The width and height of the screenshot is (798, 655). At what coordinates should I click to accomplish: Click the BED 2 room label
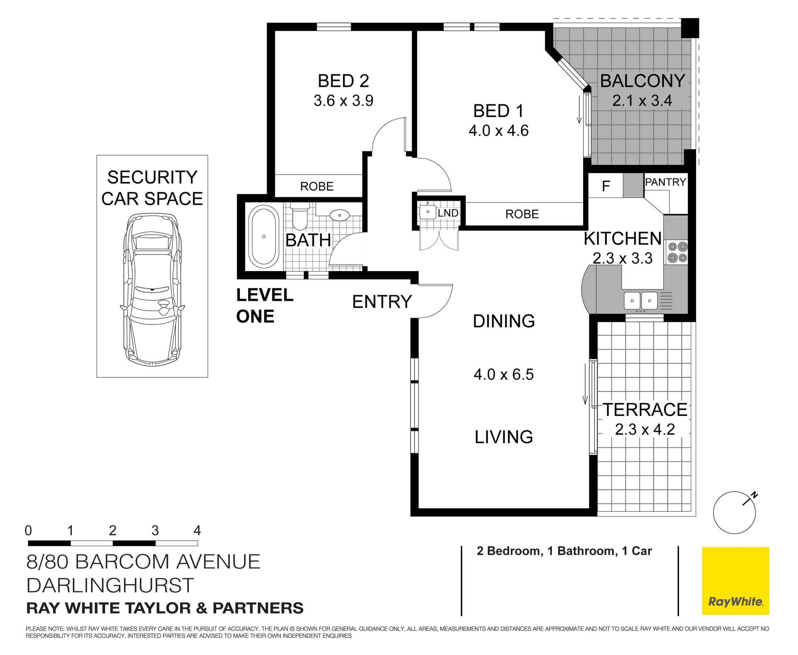pos(343,81)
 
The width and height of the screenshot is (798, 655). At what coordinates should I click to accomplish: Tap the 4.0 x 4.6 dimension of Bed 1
pos(498,131)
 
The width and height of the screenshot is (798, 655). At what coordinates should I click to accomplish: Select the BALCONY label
pos(643,81)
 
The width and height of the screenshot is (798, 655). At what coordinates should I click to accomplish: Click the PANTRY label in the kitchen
pos(665,182)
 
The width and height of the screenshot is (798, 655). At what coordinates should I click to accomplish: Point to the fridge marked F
pos(606,186)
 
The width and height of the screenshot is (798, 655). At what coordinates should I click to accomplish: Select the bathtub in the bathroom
pos(264,237)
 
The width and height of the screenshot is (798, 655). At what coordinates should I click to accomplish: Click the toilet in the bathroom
pos(298,216)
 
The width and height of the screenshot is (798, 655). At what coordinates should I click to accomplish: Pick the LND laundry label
pos(448,213)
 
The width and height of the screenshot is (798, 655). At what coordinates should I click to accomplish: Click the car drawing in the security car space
pos(152,290)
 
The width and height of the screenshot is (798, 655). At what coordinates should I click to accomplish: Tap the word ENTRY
pos(382,302)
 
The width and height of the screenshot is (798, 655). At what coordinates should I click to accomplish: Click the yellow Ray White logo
pos(736,581)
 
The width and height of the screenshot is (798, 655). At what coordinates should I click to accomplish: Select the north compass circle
pos(734,513)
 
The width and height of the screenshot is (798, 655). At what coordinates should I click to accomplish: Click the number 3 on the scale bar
pos(155,531)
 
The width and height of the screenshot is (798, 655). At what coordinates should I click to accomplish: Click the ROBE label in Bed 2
pos(317,186)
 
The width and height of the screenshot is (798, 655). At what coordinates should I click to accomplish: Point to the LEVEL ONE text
pos(265,306)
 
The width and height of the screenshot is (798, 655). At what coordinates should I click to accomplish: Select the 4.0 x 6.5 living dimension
pos(503,375)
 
